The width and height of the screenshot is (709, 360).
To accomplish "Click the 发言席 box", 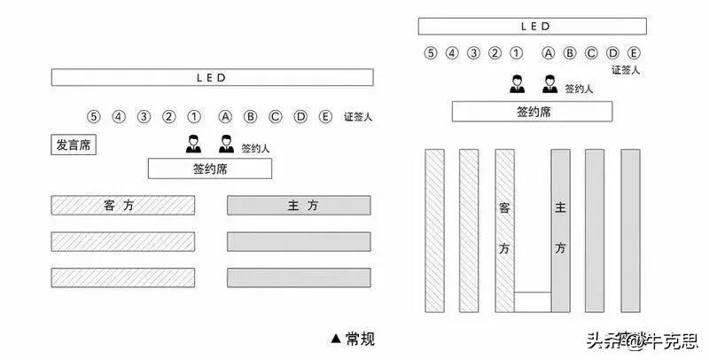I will coord(74,145).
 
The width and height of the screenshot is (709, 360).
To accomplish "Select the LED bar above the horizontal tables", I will coord(211,77).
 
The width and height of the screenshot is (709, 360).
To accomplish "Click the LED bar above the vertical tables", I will coord(532,27).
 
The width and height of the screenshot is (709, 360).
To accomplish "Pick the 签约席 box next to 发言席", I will coord(209,168).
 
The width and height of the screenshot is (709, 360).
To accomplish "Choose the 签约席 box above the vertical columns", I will coord(532,112).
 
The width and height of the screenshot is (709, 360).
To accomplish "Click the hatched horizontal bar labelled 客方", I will coord(122,206).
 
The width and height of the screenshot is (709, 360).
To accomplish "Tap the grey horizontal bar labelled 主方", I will coord(299,206).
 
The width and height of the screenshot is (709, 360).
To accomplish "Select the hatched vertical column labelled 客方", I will coord(504,230).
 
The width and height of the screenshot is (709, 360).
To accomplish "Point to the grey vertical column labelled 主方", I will coord(560,230).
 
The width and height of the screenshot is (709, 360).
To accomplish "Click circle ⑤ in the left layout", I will coord(93,116).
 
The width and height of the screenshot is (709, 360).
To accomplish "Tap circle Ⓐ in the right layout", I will coord(549,52).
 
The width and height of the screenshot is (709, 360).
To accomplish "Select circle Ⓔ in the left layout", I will coord(325,116).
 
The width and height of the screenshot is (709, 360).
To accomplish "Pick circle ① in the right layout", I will coord(516,52).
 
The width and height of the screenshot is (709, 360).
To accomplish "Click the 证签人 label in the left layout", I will coord(357,117).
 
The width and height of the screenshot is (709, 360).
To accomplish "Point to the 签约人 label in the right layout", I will coord(579,89).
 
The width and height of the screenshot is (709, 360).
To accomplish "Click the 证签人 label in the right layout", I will coord(626,69).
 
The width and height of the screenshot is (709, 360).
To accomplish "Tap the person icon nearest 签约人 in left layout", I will coord(225,143).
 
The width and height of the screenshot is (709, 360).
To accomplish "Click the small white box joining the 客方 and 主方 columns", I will coord(532,301).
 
